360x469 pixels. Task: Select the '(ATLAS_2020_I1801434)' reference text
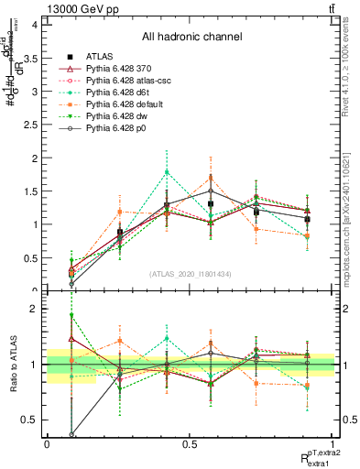point(190,274)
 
